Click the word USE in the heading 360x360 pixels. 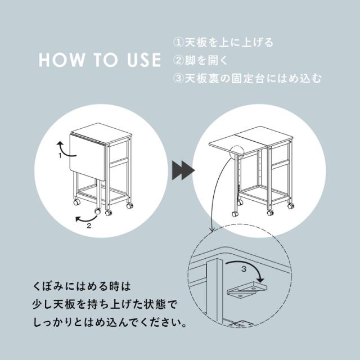click(144, 60)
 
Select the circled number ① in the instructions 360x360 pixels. click(178, 43)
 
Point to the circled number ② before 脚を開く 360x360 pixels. click(178, 60)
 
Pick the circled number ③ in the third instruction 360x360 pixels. click(178, 79)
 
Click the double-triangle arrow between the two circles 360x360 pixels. click(183, 170)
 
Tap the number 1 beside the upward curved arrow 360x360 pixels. click(60, 156)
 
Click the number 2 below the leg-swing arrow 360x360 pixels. click(89, 226)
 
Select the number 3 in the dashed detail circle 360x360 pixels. click(244, 269)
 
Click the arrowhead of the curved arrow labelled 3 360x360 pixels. click(260, 280)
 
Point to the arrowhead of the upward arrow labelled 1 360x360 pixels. click(60, 144)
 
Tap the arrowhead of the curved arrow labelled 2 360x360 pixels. click(78, 219)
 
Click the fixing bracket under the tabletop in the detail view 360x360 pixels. click(247, 290)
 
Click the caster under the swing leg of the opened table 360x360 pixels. click(235, 214)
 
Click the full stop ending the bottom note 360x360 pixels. click(184, 326)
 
